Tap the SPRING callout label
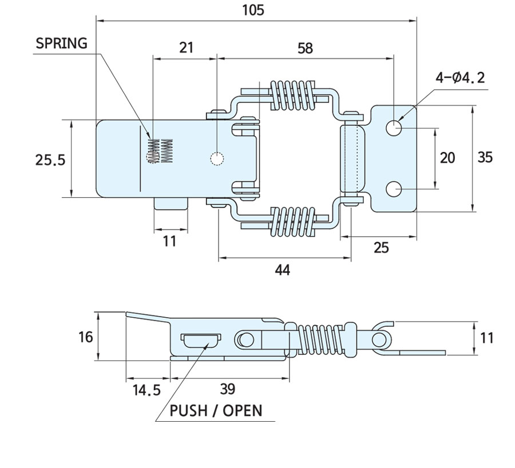coord(61,43)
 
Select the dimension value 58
coord(305,48)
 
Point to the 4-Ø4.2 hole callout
coord(459,77)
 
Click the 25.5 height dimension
coord(50,160)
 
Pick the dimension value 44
coord(283,270)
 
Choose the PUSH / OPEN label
coord(216,410)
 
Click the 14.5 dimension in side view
coord(146,390)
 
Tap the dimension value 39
coord(227,389)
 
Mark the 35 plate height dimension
coord(485,157)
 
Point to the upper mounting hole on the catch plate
coord(394,128)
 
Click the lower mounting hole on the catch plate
coord(394,188)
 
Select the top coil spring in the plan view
coord(291,95)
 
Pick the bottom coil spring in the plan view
coord(292,222)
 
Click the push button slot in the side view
coord(201,339)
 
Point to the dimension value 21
coord(186,48)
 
